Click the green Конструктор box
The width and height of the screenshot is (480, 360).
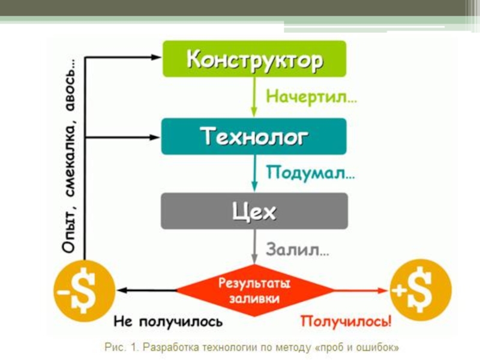point(254,59)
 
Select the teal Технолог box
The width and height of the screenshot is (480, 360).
point(254,136)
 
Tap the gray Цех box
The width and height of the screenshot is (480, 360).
point(254,211)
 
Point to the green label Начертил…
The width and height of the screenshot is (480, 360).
point(311,97)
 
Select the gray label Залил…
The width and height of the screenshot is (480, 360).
point(298,250)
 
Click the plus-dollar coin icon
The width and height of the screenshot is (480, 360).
point(421,290)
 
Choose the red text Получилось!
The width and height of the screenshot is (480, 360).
point(346,322)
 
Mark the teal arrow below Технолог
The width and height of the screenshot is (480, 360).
point(254,174)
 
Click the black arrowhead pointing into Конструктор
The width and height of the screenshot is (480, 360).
point(157,58)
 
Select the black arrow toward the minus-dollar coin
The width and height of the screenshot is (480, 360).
point(147,290)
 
